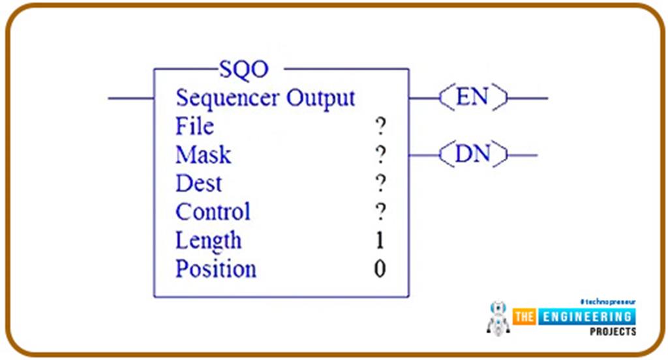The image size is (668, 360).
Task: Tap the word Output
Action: [x=321, y=98]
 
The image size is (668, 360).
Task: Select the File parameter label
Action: [x=194, y=126]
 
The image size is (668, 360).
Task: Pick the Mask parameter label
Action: [x=203, y=155]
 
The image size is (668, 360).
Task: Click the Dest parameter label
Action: [x=198, y=183]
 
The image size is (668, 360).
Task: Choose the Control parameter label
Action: [x=213, y=212]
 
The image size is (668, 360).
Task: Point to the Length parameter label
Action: [x=208, y=241]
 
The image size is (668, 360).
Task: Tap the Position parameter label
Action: [x=215, y=269]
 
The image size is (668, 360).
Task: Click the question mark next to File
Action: [x=380, y=127]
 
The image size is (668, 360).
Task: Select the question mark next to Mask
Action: [x=380, y=155]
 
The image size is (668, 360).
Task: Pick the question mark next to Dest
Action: [x=380, y=184]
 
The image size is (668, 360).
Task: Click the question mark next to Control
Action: [x=380, y=213]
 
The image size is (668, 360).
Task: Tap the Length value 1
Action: [x=380, y=241]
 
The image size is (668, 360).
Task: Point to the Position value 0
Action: [x=380, y=269]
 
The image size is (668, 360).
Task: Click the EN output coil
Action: [x=473, y=98]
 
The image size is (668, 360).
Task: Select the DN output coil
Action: [x=473, y=155]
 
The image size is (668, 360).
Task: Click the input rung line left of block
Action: [x=130, y=98]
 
